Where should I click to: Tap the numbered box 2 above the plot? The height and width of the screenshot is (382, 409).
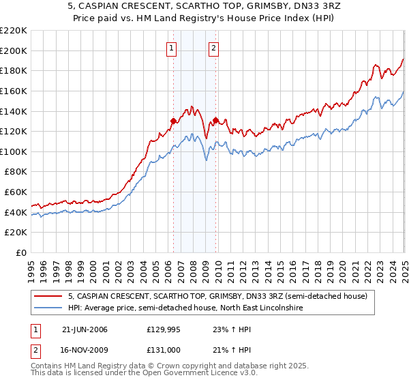click(x=213, y=48)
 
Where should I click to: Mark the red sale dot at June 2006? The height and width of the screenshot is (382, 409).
click(x=173, y=121)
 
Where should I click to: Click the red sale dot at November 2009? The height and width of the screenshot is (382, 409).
click(x=215, y=121)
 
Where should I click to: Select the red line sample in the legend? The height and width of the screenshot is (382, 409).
click(x=48, y=296)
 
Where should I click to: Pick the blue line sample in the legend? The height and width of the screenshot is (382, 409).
click(x=48, y=308)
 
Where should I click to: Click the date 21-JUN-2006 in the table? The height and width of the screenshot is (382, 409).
click(x=85, y=329)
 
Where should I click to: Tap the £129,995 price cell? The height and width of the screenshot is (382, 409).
click(x=164, y=329)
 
